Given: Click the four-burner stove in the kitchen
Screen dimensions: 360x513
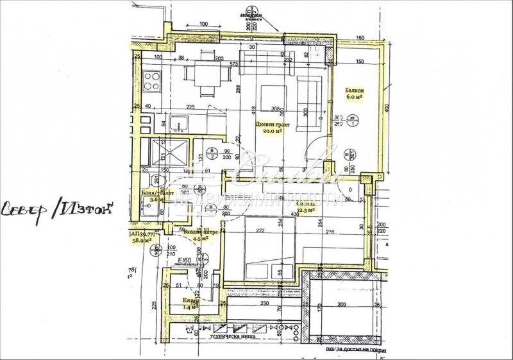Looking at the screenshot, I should pos(152,81).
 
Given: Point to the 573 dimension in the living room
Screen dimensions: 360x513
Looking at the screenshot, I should pos(234,65).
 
